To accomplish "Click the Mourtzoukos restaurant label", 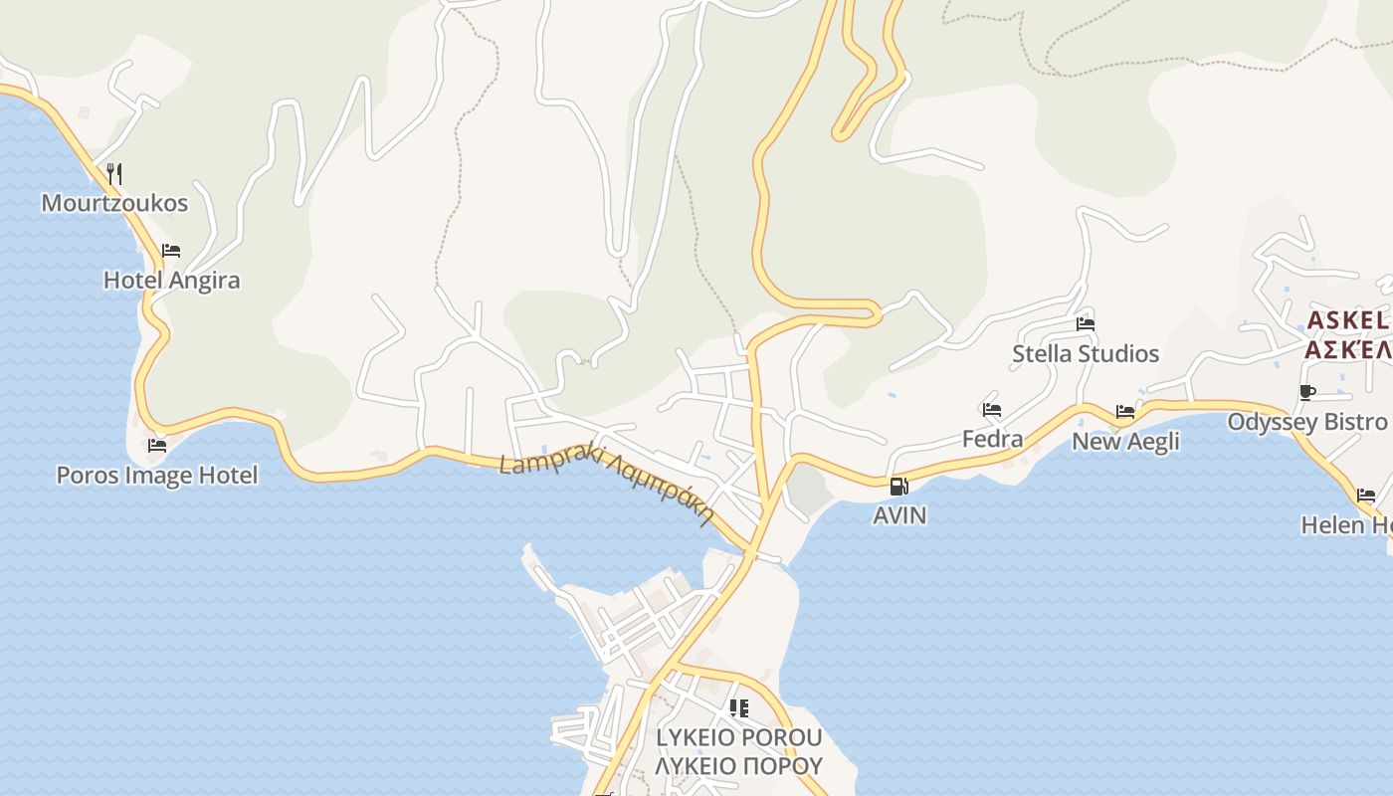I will [114, 204].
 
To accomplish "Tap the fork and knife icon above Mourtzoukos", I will [114, 174].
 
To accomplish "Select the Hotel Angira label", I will [172, 281].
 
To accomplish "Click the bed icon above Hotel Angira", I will [171, 251].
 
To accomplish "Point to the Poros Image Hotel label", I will [157, 476].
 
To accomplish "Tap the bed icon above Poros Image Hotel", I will [157, 446].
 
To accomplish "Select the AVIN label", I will [899, 515].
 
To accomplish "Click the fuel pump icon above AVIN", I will [898, 487].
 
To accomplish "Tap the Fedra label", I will [992, 439].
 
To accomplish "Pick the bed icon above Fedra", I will [991, 410].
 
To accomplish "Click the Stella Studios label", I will [1086, 354].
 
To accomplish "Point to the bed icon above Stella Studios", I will [1086, 324].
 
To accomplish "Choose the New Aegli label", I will [1125, 441].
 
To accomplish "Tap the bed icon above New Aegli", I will [1125, 412].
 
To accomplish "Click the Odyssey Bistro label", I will [1307, 422].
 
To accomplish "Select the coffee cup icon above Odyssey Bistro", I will [1307, 393].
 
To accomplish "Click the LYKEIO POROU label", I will [739, 738].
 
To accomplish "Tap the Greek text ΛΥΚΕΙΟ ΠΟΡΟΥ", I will [739, 766].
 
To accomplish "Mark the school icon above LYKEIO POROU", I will [738, 708].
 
